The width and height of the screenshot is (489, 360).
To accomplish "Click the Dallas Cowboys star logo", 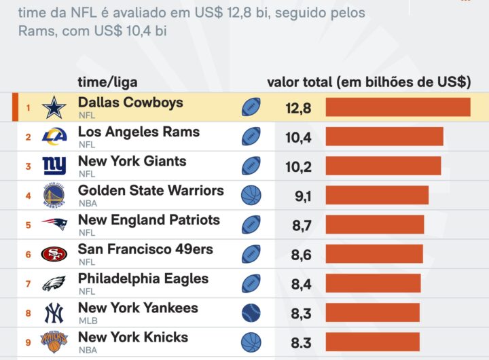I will [x=54, y=107].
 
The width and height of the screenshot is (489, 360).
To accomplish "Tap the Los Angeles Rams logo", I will [x=54, y=137].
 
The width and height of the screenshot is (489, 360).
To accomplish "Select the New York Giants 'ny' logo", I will [x=54, y=166].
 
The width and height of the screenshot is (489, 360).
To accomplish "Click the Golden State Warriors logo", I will [x=54, y=196].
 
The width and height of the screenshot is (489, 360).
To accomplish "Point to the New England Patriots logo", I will [x=54, y=225].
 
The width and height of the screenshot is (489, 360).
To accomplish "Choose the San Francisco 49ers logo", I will [x=54, y=254].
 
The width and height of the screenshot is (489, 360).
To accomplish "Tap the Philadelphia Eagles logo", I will [x=54, y=283].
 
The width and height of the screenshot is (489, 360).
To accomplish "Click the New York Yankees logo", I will [x=54, y=313].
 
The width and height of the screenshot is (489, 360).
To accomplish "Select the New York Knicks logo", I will [x=54, y=342].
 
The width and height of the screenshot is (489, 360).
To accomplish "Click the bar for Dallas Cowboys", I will [x=398, y=107].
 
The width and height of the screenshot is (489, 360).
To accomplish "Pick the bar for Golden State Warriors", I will [x=377, y=196].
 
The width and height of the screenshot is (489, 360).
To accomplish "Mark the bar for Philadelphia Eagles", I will [x=373, y=283].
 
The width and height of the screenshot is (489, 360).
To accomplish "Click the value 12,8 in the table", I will [x=298, y=107].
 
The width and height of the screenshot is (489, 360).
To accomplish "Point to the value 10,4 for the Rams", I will [x=298, y=137].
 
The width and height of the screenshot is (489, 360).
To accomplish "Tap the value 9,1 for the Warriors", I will [x=302, y=196].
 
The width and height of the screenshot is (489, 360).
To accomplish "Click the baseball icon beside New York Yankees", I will [x=251, y=313].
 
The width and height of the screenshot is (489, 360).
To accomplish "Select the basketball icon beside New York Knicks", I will [x=251, y=342].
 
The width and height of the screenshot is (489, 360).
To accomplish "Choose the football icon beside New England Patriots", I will [x=251, y=225].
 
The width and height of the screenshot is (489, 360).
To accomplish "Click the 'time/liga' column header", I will [x=107, y=83].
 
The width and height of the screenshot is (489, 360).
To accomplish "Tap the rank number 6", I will [x=29, y=255].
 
